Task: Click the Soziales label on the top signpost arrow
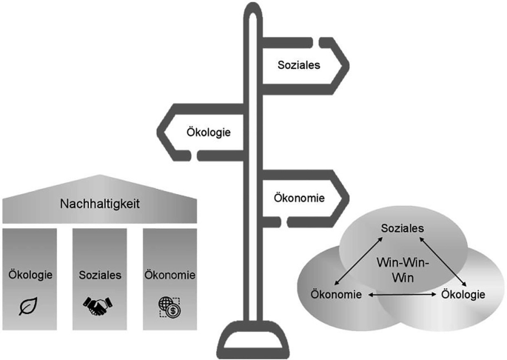tap(298, 65)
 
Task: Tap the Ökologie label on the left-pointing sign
tap(208, 134)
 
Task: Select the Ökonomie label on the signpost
tap(299, 198)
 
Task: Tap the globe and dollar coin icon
tap(169, 305)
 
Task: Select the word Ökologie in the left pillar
tap(29, 275)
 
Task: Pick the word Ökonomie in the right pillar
tap(169, 275)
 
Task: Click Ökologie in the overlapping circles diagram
tap(463, 295)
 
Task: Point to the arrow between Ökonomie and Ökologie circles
tap(400, 295)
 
